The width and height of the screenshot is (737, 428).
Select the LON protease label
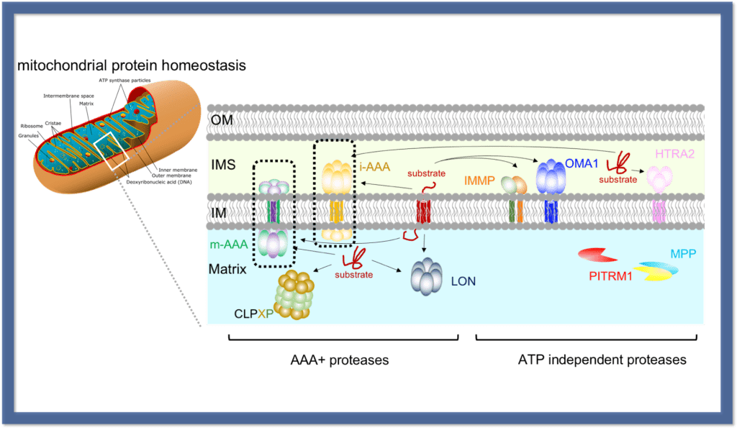coord(463,281)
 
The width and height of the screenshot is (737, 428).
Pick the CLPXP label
coord(252,314)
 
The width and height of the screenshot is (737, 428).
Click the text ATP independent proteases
coord(602,360)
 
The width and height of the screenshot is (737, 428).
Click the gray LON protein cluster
coord(428,275)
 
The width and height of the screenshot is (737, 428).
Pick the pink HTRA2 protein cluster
coord(660,178)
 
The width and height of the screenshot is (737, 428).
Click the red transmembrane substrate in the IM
coord(425,211)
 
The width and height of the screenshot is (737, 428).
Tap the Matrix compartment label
coord(228,269)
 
